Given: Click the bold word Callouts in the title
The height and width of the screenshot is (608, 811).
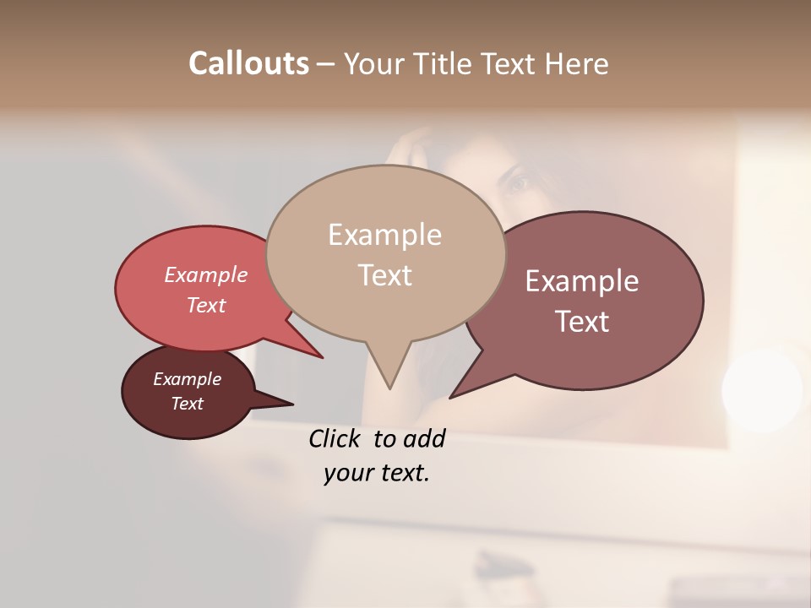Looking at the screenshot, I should point(248,63).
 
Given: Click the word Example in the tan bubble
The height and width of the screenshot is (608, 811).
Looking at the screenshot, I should point(384,235).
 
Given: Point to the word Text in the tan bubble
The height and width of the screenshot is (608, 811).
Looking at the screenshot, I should point(384,274).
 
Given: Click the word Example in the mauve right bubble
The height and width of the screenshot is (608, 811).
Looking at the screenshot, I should point(582,281).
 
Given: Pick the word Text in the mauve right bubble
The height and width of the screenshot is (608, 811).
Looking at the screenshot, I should point(582,321).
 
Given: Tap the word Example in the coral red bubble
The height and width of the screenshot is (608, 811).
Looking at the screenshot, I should point(205,274).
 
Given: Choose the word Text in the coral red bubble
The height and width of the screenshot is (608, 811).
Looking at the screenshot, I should point(205,305).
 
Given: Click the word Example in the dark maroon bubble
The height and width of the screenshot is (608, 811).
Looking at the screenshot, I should point(187,379).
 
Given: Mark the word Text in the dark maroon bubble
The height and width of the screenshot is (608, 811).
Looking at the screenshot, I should point(187,404).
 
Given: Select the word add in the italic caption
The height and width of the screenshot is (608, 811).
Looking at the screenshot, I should point(424,438).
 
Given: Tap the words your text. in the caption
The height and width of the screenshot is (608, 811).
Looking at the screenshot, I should point(376,473).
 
